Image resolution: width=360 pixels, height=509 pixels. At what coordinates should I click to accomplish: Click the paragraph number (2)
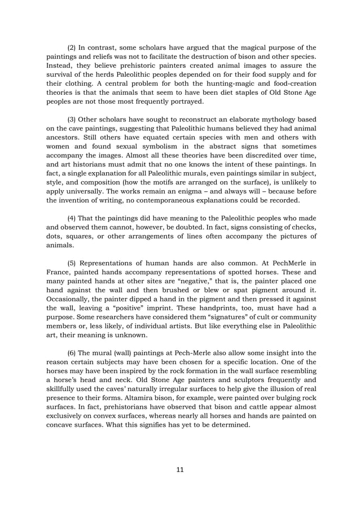pyautogui.click(x=72, y=47)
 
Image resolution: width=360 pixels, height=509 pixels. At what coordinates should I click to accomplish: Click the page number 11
pyautogui.click(x=179, y=469)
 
